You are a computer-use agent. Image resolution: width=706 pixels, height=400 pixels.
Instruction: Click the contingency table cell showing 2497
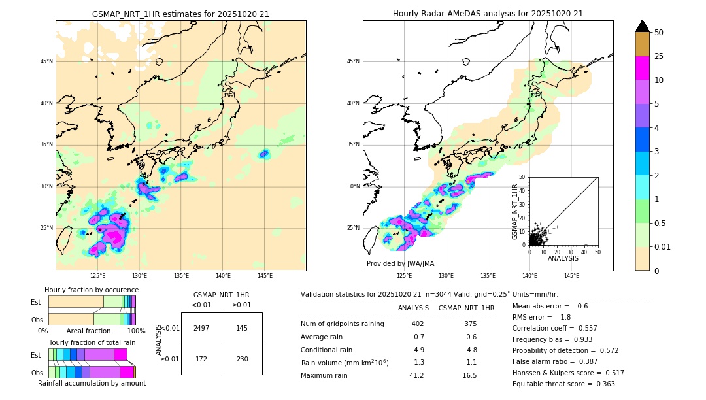[201, 328]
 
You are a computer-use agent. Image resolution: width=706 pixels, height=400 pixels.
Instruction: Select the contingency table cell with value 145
[242, 328]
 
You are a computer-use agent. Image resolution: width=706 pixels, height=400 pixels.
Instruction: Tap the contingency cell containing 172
[201, 359]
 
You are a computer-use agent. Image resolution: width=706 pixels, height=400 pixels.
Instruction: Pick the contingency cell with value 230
[242, 359]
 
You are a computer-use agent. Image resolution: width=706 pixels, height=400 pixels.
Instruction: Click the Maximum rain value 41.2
[416, 375]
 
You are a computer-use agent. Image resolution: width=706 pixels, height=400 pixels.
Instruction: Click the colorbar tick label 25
[659, 56]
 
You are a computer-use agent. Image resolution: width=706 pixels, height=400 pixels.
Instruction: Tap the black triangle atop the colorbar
[642, 26]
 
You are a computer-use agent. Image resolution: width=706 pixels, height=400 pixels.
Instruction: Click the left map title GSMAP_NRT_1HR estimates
[180, 14]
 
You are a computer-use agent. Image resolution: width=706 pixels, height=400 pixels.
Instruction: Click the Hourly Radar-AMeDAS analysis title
[488, 14]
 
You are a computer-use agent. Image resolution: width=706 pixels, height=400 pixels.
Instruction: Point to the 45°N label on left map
[46, 61]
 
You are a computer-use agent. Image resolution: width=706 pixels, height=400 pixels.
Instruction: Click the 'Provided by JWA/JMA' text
[400, 263]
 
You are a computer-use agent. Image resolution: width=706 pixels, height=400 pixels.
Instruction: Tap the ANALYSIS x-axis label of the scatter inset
[563, 258]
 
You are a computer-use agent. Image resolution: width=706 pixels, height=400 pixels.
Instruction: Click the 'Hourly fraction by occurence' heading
[92, 290]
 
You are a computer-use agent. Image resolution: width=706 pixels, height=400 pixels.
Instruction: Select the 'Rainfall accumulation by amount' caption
[92, 383]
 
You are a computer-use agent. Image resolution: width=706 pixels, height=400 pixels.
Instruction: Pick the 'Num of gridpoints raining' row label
[343, 324]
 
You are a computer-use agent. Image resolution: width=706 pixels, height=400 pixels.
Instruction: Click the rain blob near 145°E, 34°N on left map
[263, 154]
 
